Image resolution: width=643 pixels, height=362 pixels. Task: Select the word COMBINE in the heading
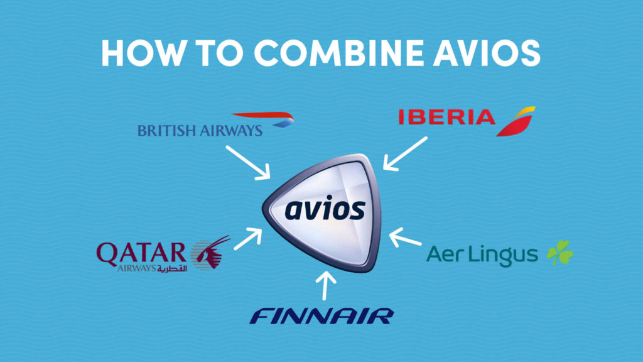click(x=338, y=53)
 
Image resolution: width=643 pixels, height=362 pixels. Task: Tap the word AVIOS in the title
click(x=487, y=53)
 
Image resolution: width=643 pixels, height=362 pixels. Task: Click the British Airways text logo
click(x=200, y=131)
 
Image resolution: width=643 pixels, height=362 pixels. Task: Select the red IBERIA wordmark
click(x=447, y=117)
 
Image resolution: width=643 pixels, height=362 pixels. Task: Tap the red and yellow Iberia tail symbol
click(x=516, y=121)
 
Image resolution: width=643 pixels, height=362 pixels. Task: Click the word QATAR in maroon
click(x=141, y=254)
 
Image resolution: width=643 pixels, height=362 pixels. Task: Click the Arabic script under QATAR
click(x=172, y=268)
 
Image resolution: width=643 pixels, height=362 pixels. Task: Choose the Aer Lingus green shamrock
click(x=559, y=253)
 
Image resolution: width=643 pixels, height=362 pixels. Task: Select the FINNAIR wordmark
click(x=322, y=316)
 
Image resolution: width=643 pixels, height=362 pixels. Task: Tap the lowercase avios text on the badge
click(x=325, y=209)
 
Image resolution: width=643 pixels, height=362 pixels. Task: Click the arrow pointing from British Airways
click(x=247, y=163)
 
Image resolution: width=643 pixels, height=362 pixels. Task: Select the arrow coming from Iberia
click(x=405, y=153)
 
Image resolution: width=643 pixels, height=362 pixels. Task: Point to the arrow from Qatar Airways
click(x=247, y=239)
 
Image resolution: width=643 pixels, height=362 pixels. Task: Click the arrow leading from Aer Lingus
click(x=405, y=237)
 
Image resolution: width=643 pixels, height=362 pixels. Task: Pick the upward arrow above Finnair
click(x=326, y=286)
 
